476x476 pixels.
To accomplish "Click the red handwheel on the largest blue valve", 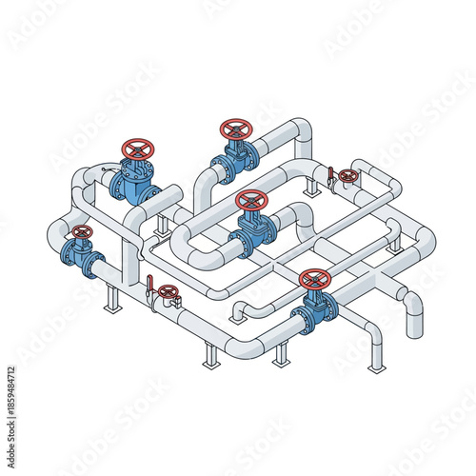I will (x=138, y=149).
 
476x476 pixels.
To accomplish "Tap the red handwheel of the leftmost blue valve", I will (x=83, y=232).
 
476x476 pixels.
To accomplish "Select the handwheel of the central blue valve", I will (x=251, y=200).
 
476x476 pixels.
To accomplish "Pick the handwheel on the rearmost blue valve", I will (x=235, y=128).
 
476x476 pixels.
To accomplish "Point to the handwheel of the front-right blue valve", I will (x=314, y=279).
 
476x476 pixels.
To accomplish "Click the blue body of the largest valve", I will (x=133, y=181).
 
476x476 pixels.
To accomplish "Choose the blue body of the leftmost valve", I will (x=81, y=254).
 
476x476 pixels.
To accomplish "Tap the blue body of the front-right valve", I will (x=314, y=307).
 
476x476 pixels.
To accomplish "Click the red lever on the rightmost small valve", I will (x=331, y=175).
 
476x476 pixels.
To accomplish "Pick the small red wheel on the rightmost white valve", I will (x=348, y=176).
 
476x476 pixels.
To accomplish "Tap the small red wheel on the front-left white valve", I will (x=169, y=291).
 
